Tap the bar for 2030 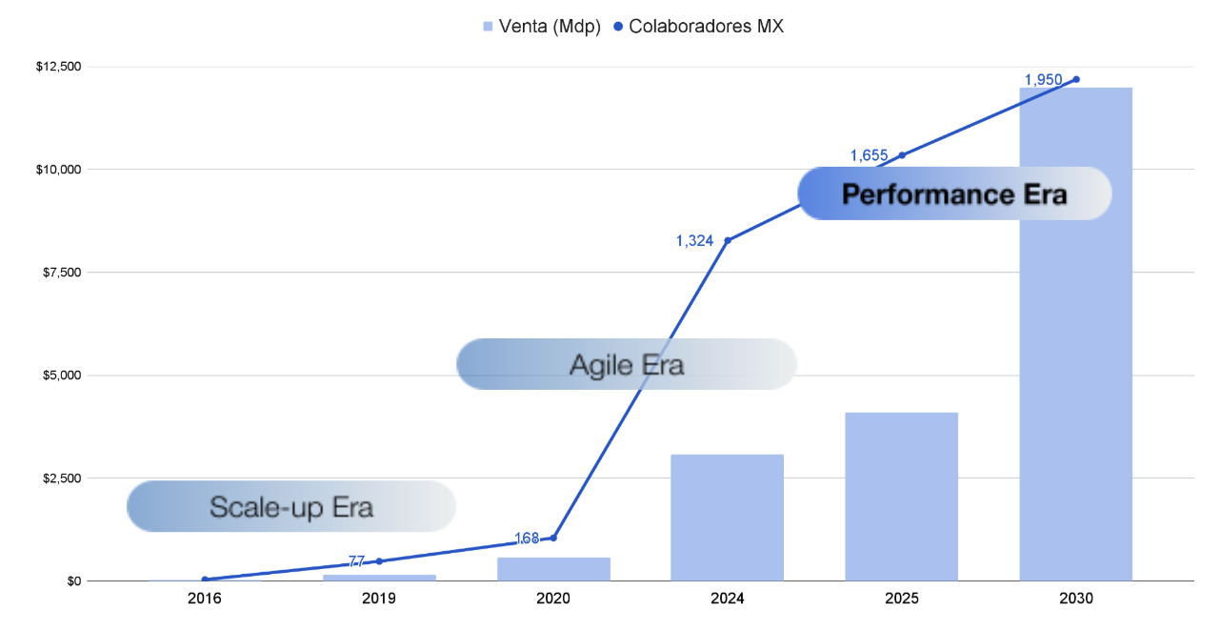coord(1075,334)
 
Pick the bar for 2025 coord(901,497)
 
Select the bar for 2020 coord(553,569)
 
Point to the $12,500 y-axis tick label coord(58,67)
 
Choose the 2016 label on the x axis coord(205,600)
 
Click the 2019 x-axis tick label coord(379,600)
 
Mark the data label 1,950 coord(1043,80)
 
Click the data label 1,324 coord(694,241)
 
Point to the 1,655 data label coord(869,155)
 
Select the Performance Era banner coord(954,194)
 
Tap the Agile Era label coord(626,364)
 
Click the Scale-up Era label coord(291,506)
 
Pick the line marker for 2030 coord(1076,79)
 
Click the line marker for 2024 coord(728,240)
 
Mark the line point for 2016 coord(205,579)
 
